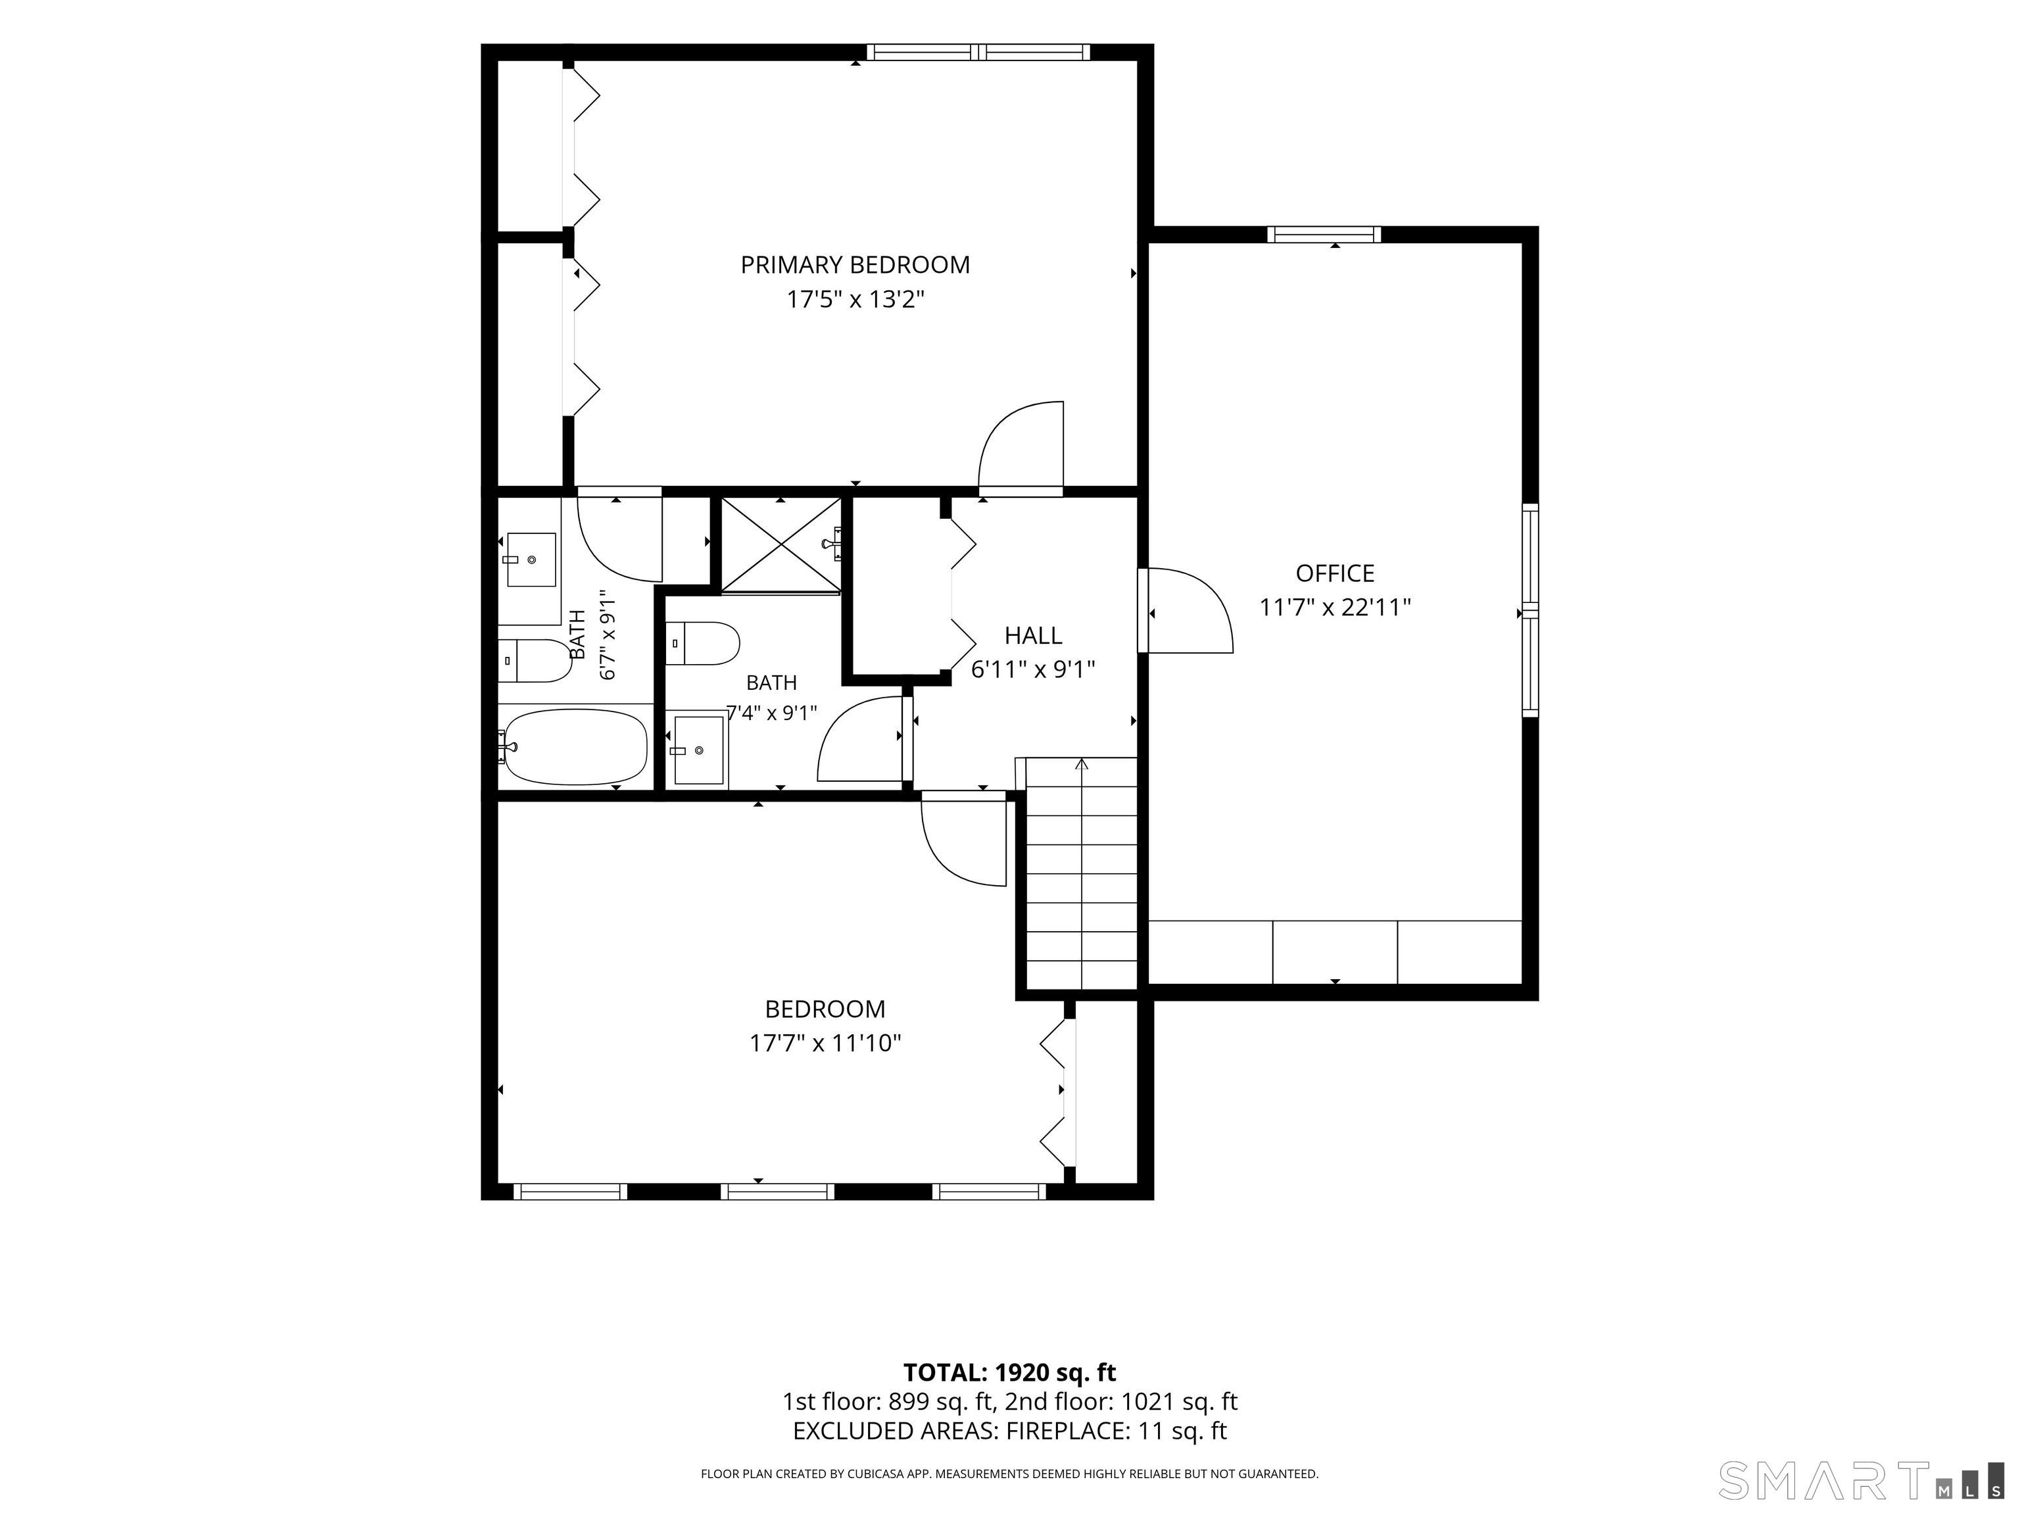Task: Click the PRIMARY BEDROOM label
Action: click(x=855, y=265)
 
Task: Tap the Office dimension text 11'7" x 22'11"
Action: click(x=1335, y=608)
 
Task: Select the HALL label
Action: click(x=1033, y=636)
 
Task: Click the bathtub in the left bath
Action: click(x=575, y=747)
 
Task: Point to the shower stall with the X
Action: click(x=781, y=545)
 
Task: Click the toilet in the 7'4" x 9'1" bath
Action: click(x=702, y=644)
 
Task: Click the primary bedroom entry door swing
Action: click(x=1021, y=448)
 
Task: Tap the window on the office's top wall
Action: click(x=1324, y=235)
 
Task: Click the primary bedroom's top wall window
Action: click(x=978, y=52)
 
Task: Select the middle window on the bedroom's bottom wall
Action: click(x=777, y=1191)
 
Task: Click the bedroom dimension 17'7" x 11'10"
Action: click(x=825, y=1043)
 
